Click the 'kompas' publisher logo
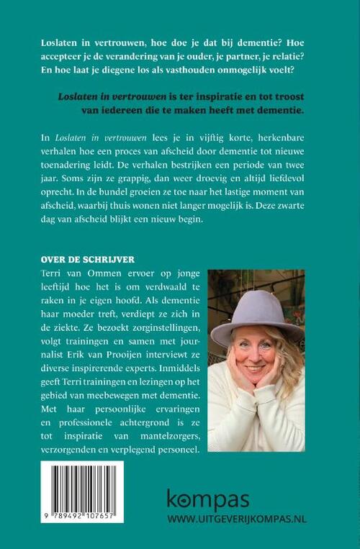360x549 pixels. [x=209, y=499]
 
